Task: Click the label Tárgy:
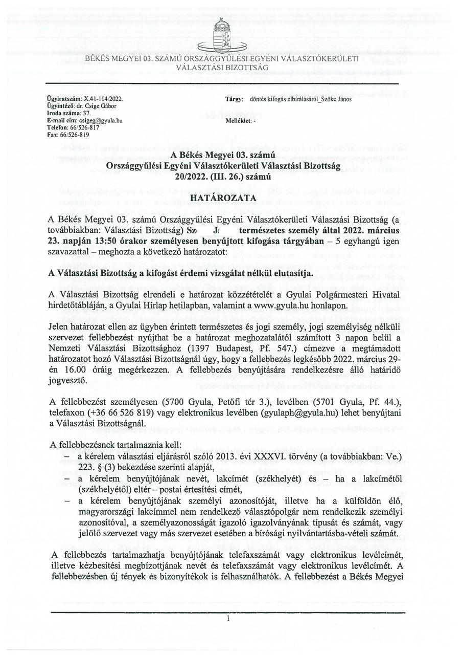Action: [x=234, y=99]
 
